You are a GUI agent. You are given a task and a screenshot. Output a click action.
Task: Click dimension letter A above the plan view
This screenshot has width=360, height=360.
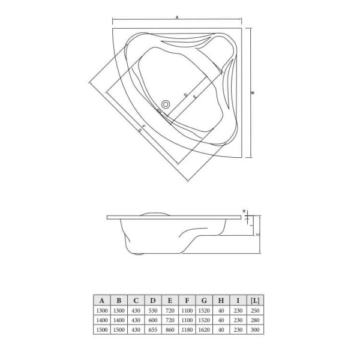pos(178,17)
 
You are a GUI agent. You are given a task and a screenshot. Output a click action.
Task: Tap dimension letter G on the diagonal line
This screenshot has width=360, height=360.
pos(139,129)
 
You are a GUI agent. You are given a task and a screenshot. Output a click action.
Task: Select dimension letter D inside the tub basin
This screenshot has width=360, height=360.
pos(185,95)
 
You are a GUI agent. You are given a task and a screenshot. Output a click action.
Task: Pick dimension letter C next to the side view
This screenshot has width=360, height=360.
pos(257,235)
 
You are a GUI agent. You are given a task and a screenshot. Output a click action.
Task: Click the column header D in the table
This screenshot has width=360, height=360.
pos(154,300)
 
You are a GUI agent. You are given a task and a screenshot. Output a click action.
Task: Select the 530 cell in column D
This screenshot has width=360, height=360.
pos(154,311)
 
